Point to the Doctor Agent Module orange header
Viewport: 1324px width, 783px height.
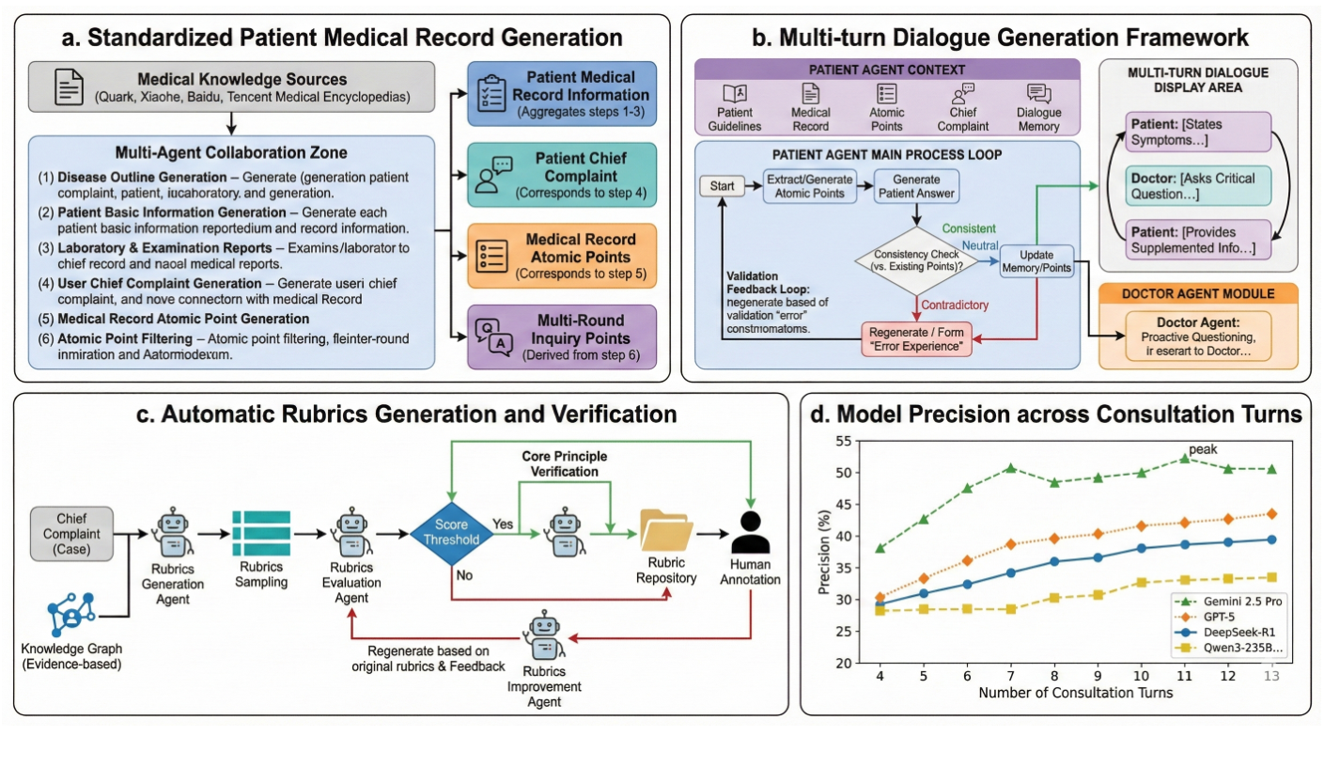[1197, 292]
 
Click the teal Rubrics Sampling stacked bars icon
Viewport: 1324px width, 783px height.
[260, 532]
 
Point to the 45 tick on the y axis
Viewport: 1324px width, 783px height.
[843, 504]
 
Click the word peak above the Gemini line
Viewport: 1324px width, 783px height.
[1203, 449]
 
